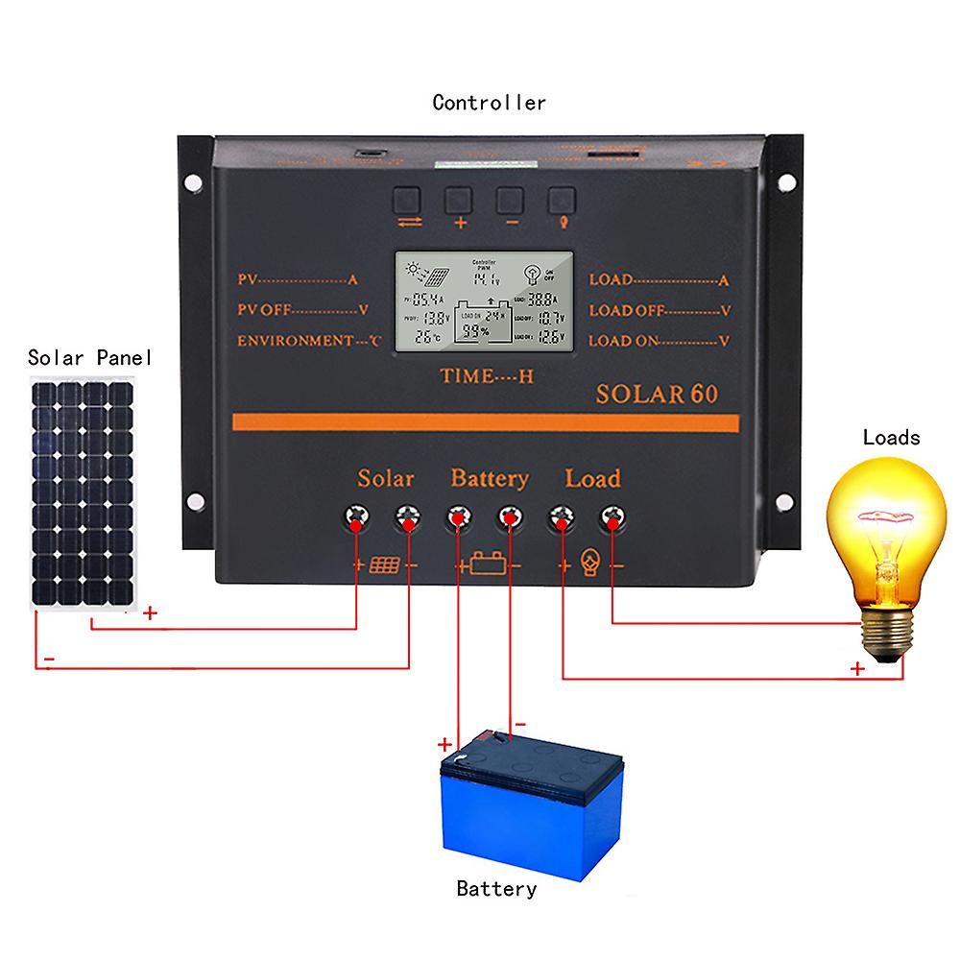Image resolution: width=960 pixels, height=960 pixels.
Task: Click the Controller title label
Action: (489, 103)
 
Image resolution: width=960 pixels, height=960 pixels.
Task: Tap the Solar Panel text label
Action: (89, 358)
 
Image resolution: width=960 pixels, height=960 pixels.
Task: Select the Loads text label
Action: (891, 438)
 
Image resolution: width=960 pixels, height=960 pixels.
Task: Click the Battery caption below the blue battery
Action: (496, 889)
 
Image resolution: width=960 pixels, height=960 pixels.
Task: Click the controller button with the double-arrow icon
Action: (407, 199)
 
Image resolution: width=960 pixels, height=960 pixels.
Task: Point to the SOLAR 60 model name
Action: (657, 394)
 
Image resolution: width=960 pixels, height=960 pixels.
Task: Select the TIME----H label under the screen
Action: (487, 377)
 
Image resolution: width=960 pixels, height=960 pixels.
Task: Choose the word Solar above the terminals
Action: (386, 478)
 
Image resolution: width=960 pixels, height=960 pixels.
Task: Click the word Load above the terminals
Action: (592, 478)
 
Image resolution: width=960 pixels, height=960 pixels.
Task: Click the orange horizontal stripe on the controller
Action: (486, 423)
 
